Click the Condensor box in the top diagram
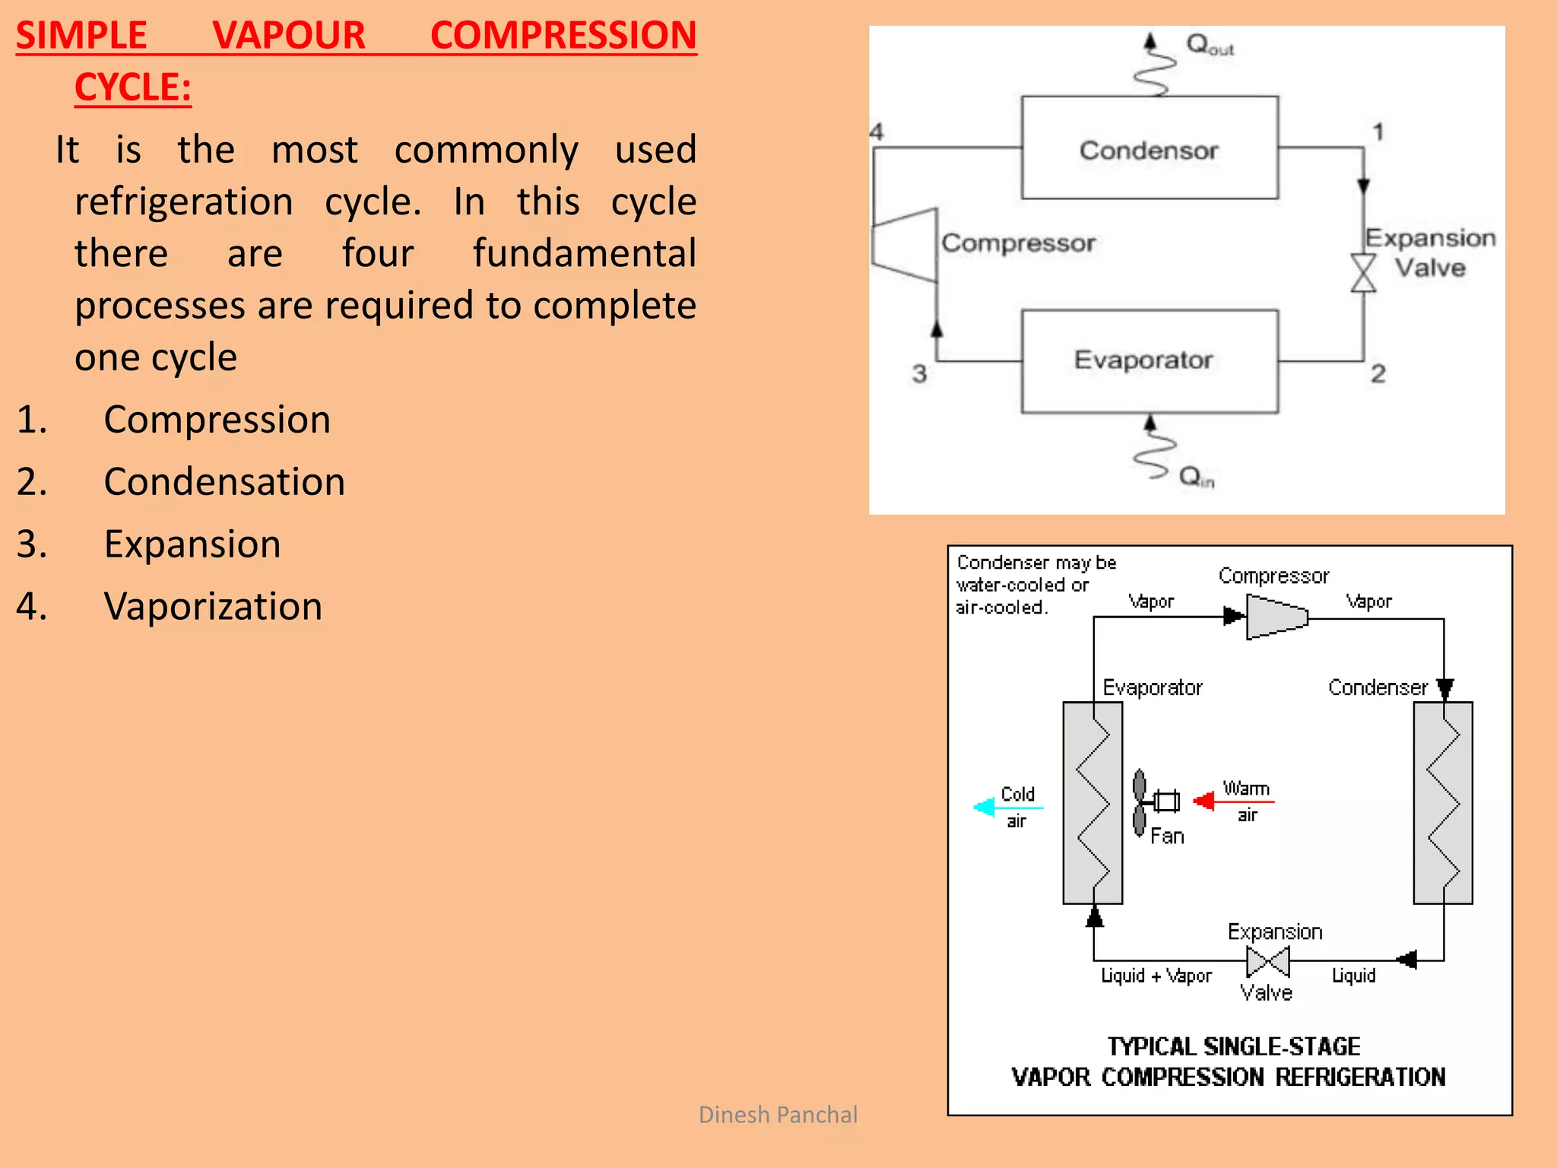tap(1149, 148)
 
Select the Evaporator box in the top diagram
tap(1149, 361)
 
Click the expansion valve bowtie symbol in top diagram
tap(1363, 273)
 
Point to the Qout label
tap(1209, 45)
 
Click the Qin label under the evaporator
tap(1196, 477)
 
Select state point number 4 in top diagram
tap(877, 132)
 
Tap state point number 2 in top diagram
tap(1378, 373)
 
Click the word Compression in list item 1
tap(217, 420)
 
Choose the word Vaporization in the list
tap(213, 607)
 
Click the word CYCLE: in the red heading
tap(132, 87)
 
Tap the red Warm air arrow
tap(1205, 801)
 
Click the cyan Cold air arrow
tap(985, 807)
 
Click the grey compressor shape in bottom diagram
tap(1276, 617)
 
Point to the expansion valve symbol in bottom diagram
tap(1268, 962)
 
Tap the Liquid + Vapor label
tap(1156, 976)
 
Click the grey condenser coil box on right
tap(1442, 802)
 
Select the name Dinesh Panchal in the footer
tap(777, 1115)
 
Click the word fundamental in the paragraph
tap(584, 253)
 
